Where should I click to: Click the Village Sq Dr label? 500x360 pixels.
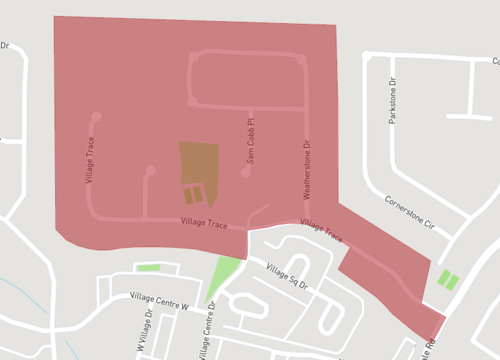(289, 273)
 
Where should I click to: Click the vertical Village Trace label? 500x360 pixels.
(89, 161)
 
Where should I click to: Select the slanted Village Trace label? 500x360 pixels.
(322, 232)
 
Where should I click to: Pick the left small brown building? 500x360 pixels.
(188, 195)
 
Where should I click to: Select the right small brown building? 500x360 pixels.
(199, 193)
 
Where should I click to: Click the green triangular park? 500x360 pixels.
(222, 276)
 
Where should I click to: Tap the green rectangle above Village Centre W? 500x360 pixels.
(148, 268)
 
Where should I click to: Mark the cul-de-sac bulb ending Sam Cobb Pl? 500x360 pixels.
(246, 174)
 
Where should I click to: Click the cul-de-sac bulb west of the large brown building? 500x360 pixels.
(150, 171)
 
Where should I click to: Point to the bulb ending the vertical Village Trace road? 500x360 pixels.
(96, 115)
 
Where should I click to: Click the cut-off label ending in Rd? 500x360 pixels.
(430, 345)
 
